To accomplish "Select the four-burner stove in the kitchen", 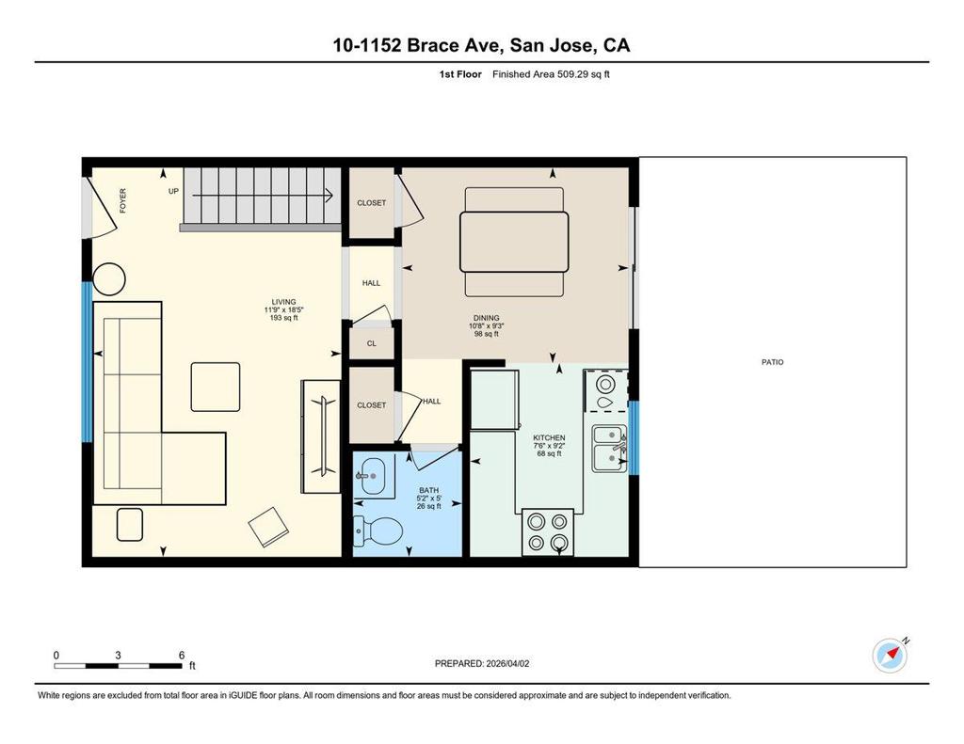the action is (548, 532).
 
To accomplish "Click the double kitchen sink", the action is (610, 449).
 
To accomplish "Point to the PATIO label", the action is (772, 362).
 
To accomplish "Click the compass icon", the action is (891, 655).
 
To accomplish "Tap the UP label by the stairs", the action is (173, 191).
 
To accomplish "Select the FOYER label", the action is (123, 201).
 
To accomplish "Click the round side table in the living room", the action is (109, 279).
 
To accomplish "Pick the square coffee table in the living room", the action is (216, 387).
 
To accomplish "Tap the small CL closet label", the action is (371, 343).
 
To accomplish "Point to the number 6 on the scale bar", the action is (182, 655).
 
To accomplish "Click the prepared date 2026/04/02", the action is (507, 663).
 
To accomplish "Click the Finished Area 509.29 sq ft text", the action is (551, 74).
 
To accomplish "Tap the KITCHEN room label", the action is (549, 438).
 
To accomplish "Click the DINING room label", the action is (487, 318).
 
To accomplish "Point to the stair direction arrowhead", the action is (329, 196).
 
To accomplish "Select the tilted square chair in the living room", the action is (268, 527).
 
